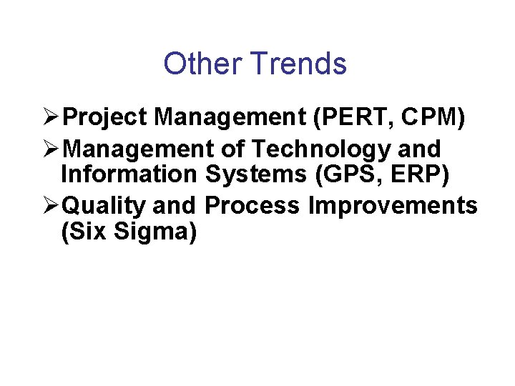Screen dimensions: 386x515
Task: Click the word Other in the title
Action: click(x=202, y=64)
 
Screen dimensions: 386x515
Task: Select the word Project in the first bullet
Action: click(x=106, y=117)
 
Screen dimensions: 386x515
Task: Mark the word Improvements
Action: click(x=393, y=206)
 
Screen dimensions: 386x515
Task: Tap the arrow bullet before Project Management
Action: click(x=51, y=117)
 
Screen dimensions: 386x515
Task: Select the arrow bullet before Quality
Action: click(x=51, y=206)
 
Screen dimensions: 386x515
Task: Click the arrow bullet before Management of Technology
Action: click(x=51, y=149)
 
